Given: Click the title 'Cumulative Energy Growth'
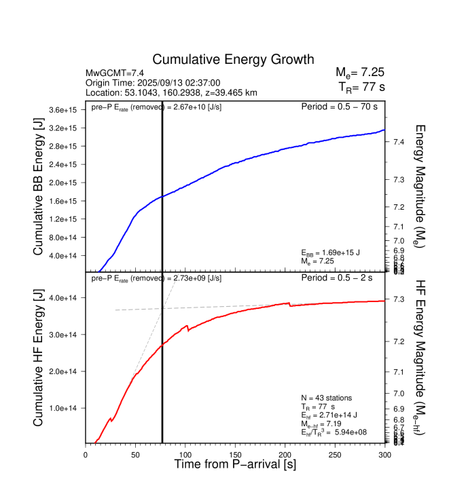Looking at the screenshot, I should click(x=233, y=60).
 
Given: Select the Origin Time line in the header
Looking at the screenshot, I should click(x=153, y=83).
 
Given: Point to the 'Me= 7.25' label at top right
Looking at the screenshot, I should click(x=360, y=72).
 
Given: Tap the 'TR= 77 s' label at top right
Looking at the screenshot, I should click(x=361, y=86).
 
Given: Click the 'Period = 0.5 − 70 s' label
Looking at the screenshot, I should click(x=339, y=107).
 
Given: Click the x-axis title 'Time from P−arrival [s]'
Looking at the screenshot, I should click(x=235, y=465).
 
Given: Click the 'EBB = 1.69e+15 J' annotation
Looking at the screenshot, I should click(x=331, y=253).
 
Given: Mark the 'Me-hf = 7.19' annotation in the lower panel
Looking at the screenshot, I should click(x=325, y=423).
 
